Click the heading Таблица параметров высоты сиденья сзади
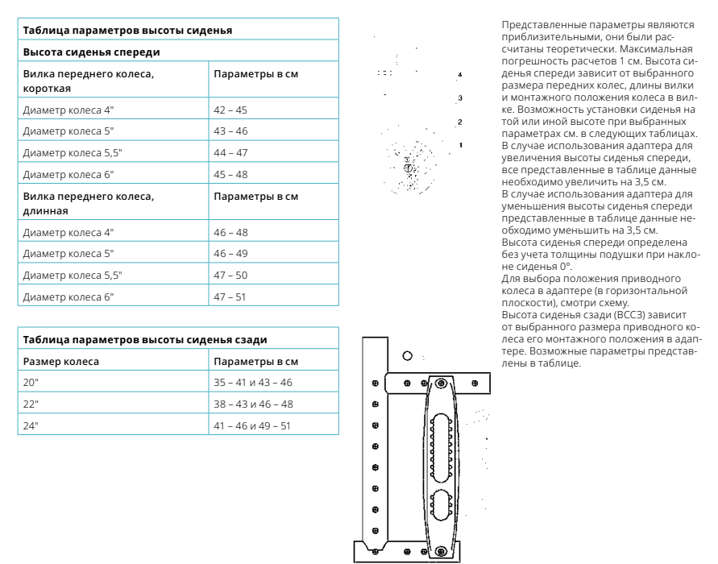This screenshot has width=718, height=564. click(x=145, y=340)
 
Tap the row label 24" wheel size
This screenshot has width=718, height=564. click(x=31, y=424)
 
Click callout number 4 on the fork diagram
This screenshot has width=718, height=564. click(x=459, y=74)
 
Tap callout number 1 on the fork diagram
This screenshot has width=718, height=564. click(x=459, y=144)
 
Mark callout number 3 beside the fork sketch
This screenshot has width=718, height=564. click(x=459, y=97)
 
